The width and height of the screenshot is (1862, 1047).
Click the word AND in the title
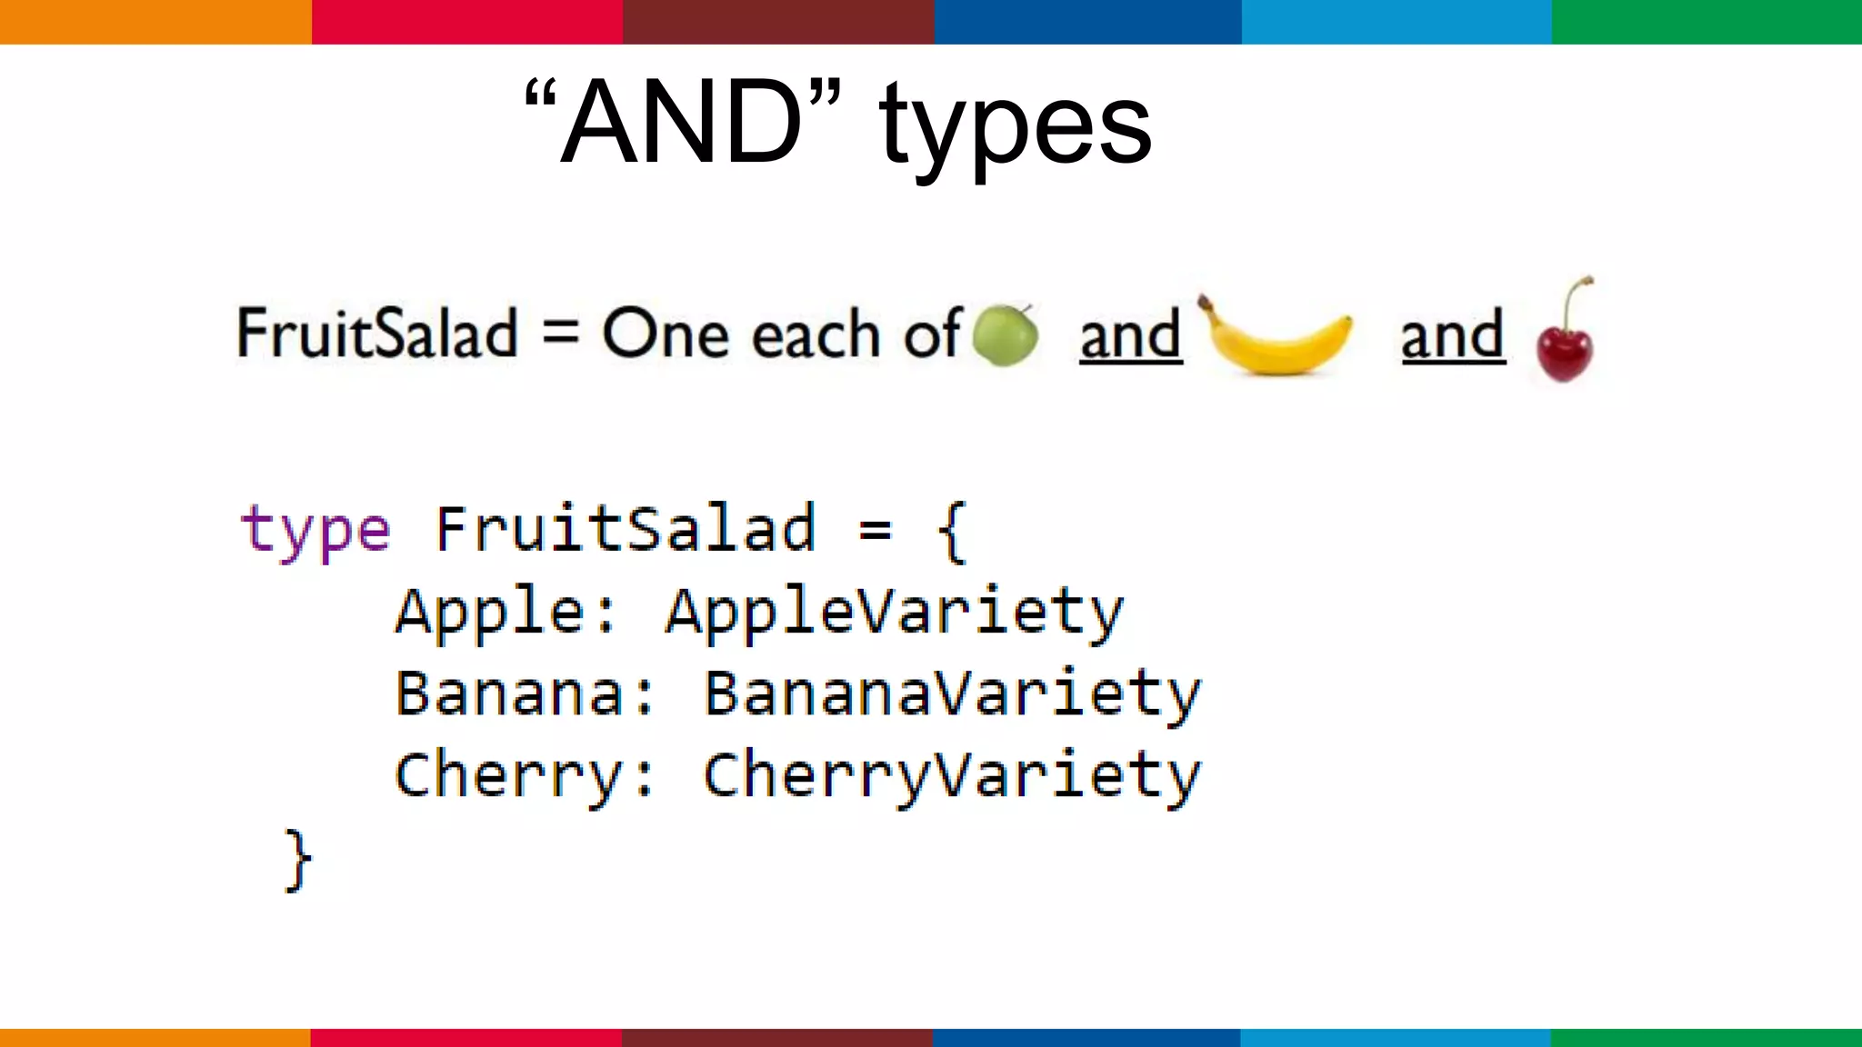click(x=682, y=123)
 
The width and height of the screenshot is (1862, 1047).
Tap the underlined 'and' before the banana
click(x=1131, y=335)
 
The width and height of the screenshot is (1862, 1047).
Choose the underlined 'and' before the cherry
click(x=1453, y=335)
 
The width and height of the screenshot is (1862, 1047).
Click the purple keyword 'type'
click(x=315, y=531)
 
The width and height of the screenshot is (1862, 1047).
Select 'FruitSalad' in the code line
click(x=626, y=529)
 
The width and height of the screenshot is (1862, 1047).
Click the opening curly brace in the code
click(x=951, y=531)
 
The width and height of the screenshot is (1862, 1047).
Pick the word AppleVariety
click(x=895, y=611)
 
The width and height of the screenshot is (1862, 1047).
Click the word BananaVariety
click(x=952, y=694)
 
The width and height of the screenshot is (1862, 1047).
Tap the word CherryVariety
click(x=952, y=776)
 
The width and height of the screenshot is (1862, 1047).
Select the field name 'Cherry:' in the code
click(x=524, y=776)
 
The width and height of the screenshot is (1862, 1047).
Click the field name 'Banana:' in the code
click(x=524, y=694)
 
